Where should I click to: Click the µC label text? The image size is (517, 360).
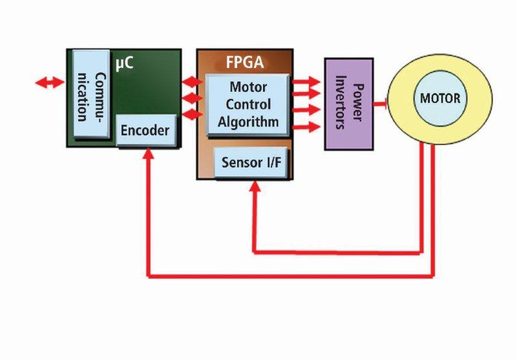(x=124, y=65)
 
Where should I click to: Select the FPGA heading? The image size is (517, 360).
(x=244, y=63)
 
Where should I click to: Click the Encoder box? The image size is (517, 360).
(x=145, y=131)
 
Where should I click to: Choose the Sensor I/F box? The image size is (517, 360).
(x=251, y=162)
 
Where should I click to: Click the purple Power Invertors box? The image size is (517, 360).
(x=348, y=104)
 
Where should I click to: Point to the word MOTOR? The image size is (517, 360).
(x=440, y=99)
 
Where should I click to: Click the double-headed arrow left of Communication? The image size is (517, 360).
(x=50, y=83)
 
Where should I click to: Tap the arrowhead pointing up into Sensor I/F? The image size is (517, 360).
(x=255, y=187)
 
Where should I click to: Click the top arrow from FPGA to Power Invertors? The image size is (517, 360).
(x=306, y=81)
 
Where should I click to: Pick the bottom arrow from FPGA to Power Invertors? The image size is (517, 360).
(x=306, y=127)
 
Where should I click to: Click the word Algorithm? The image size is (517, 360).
(x=248, y=121)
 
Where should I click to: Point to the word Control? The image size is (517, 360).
(x=248, y=104)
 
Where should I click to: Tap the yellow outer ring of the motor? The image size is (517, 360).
(x=401, y=129)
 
